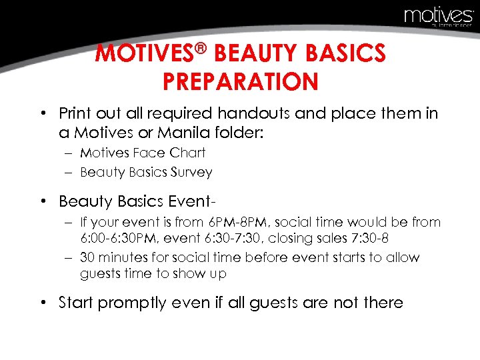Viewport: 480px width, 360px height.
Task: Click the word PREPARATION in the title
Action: click(240, 82)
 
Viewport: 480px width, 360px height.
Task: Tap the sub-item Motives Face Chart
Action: click(143, 153)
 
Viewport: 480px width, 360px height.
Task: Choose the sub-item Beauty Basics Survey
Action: click(146, 172)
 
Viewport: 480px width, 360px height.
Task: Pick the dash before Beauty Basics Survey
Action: click(69, 172)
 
